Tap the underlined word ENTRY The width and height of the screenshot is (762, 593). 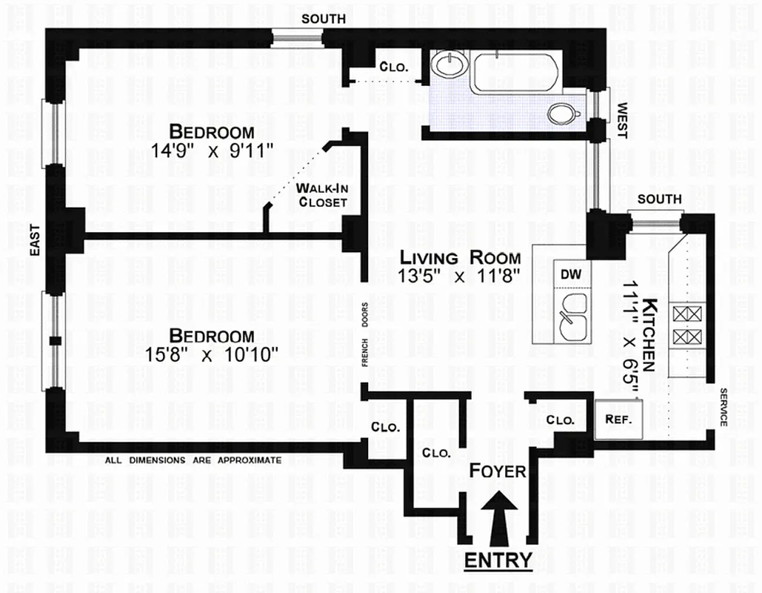(x=498, y=560)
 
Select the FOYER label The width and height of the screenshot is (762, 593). (x=498, y=471)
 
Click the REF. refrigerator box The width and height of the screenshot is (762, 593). (x=618, y=419)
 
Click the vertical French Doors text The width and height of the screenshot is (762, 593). (x=365, y=334)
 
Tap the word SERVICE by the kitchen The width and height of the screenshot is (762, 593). (x=722, y=407)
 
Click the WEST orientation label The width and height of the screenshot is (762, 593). (x=621, y=120)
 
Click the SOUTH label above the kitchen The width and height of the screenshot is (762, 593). (x=659, y=199)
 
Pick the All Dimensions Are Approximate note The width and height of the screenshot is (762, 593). (x=193, y=460)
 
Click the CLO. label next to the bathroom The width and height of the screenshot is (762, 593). (x=393, y=66)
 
